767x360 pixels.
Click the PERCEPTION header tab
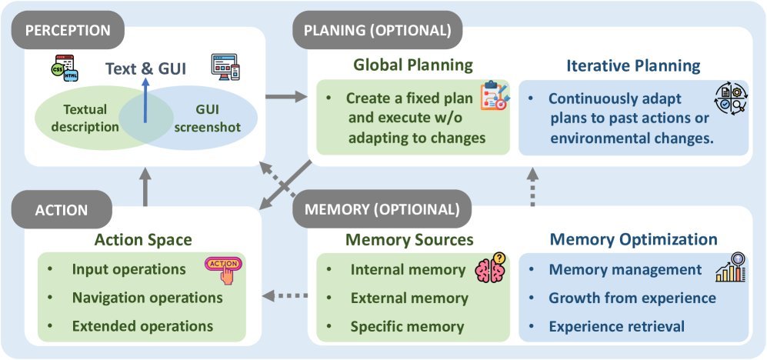pyautogui.click(x=68, y=30)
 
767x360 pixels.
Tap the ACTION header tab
pyautogui.click(x=62, y=210)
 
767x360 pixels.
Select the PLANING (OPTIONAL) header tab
pyautogui.click(x=377, y=30)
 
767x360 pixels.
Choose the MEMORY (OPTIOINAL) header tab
pyautogui.click(x=382, y=210)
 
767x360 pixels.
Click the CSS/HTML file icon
pyautogui.click(x=65, y=68)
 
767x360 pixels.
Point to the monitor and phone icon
pyautogui.click(x=225, y=67)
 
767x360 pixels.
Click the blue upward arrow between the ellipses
pyautogui.click(x=145, y=100)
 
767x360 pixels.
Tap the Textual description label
pyautogui.click(x=85, y=118)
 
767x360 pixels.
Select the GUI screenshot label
pyautogui.click(x=208, y=118)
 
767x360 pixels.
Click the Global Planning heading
pyautogui.click(x=413, y=65)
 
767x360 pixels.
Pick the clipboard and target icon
pyautogui.click(x=495, y=95)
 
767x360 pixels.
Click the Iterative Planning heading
pyautogui.click(x=633, y=65)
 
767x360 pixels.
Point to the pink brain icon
pyautogui.click(x=491, y=268)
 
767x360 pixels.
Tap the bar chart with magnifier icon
pyautogui.click(x=730, y=267)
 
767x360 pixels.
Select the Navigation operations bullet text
pyautogui.click(x=147, y=298)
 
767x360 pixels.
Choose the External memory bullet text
pyautogui.click(x=409, y=298)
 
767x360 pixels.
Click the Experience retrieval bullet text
pyautogui.click(x=617, y=326)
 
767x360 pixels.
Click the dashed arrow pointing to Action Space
pyautogui.click(x=285, y=295)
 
